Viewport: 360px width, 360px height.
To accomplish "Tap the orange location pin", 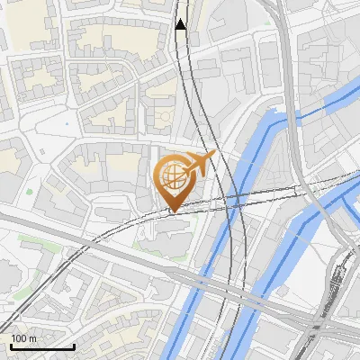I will pos(175,181).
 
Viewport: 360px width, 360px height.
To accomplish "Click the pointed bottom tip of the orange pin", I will pos(174,211).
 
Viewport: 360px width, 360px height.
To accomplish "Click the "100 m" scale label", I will pos(23,338).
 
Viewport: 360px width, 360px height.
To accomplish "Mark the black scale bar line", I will pos(42,347).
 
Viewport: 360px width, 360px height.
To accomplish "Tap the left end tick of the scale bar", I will pos(11,345).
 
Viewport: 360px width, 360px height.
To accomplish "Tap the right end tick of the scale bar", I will pos(74,345).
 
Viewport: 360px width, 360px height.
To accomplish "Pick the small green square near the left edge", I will pos(30,191).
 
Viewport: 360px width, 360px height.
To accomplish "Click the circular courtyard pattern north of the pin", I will pos(162,117).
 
